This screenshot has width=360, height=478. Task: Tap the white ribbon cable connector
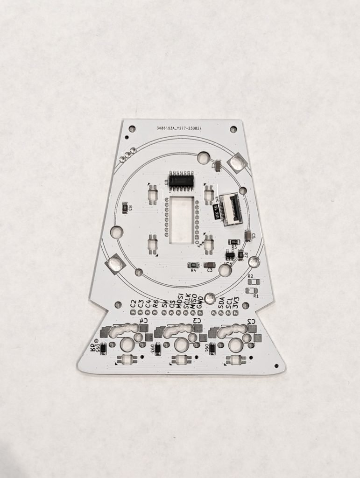click(230, 209)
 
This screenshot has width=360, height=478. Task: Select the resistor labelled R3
click(125, 208)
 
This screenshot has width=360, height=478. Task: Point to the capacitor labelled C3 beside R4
click(209, 265)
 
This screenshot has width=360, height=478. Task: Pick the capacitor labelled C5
click(247, 236)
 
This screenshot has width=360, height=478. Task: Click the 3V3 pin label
click(236, 301)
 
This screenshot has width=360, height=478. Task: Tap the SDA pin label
click(222, 301)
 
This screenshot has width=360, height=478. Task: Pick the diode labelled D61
click(212, 348)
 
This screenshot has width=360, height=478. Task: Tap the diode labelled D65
click(104, 348)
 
